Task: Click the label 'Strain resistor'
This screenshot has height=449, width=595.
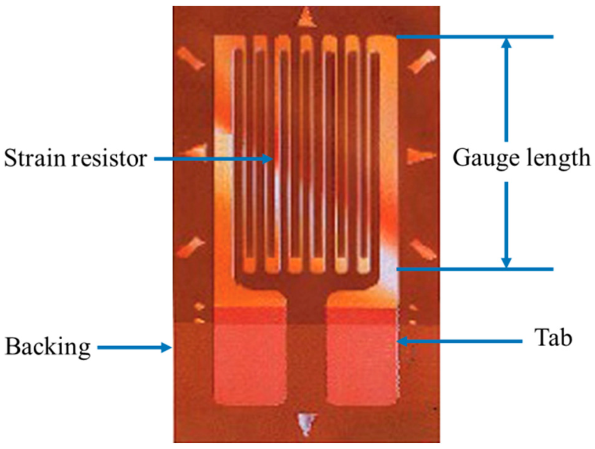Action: tap(75, 157)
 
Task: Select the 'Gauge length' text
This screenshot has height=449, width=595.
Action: tap(521, 158)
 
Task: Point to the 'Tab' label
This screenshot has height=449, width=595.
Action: tap(553, 339)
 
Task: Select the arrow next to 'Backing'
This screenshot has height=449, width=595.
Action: tap(134, 348)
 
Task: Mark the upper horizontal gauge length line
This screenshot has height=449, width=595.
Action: tap(474, 37)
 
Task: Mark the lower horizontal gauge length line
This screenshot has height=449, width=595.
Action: tap(474, 269)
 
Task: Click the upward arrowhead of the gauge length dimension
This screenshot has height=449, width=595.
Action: tap(506, 46)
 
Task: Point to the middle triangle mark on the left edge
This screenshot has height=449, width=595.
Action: tap(191, 152)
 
